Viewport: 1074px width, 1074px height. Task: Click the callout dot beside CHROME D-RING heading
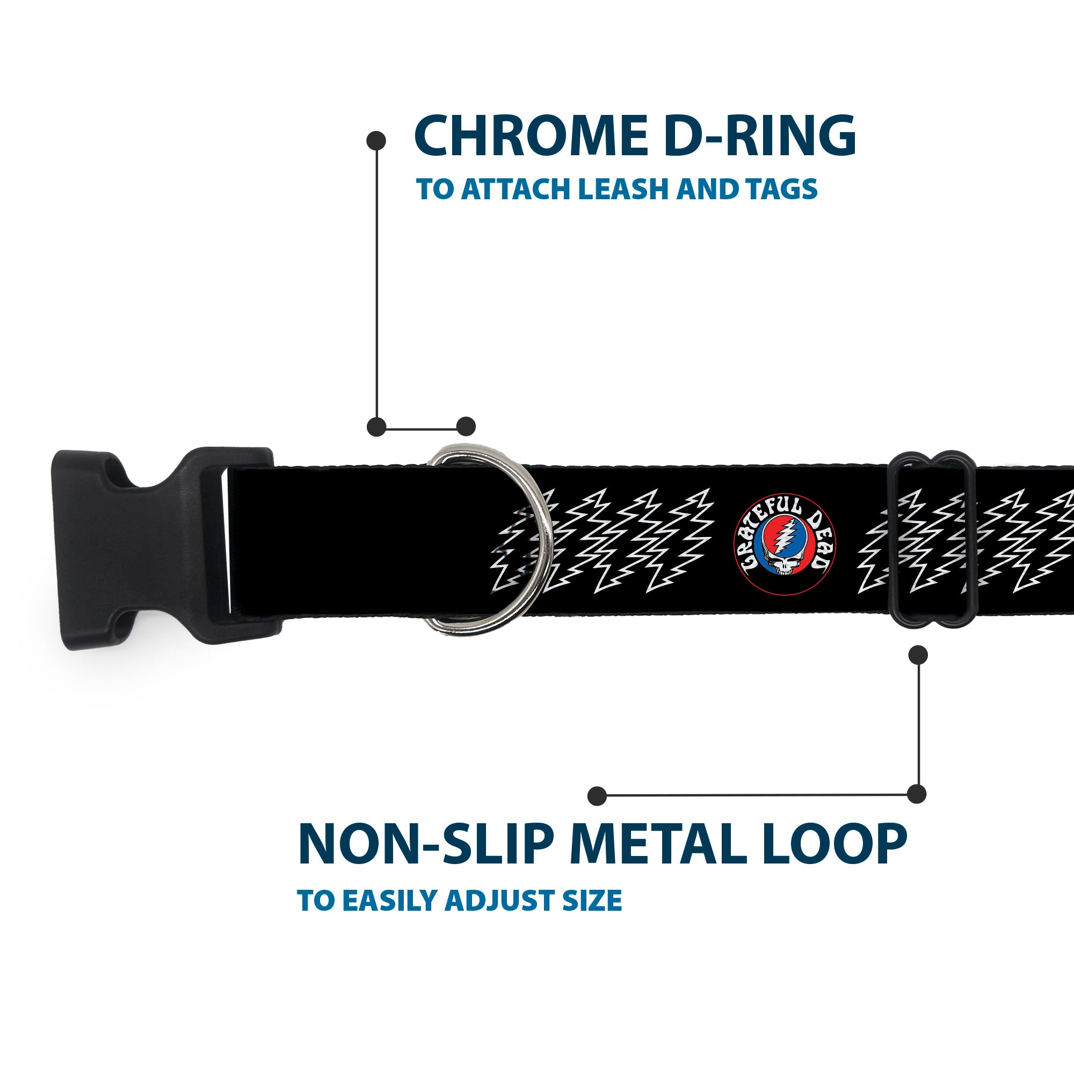376,141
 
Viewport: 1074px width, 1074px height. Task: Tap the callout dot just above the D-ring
466,426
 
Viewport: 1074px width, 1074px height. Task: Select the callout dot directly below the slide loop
918,655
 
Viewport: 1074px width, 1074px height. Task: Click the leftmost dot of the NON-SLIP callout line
597,796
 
